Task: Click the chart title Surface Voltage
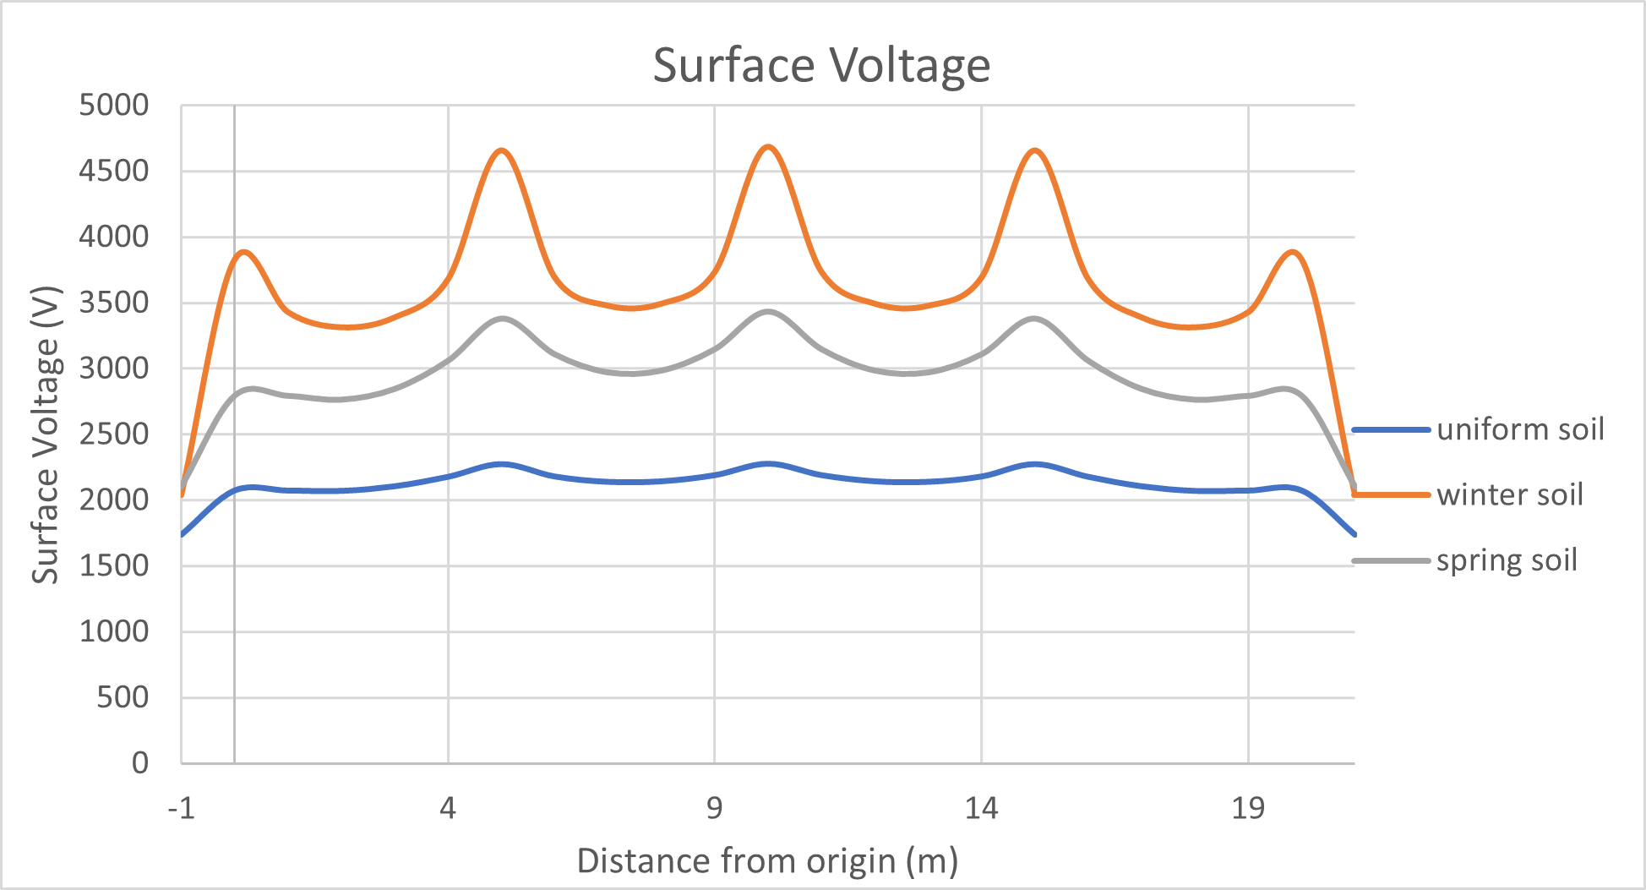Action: (x=821, y=65)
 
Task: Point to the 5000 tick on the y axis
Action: (x=113, y=106)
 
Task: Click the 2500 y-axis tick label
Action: (x=113, y=434)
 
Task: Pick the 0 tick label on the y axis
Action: (x=139, y=763)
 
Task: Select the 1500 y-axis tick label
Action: (x=113, y=565)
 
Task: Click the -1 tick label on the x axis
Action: (x=181, y=809)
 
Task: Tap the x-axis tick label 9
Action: (x=715, y=809)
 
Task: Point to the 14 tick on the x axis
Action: (x=981, y=809)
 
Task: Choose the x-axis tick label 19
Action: (x=1248, y=809)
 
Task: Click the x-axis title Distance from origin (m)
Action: (x=767, y=861)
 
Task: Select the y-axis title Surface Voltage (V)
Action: (x=46, y=435)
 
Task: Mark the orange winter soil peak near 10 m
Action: (x=769, y=146)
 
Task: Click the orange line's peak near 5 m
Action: (x=503, y=150)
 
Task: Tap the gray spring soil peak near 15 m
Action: (x=1034, y=319)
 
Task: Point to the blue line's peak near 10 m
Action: (x=768, y=463)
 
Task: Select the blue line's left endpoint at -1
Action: (x=183, y=534)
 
